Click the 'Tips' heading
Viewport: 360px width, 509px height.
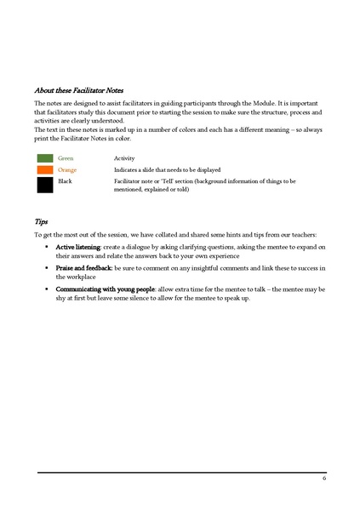pyautogui.click(x=41, y=220)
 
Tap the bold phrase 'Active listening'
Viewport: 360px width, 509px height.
pyautogui.click(x=78, y=246)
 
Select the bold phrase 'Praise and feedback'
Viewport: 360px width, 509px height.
pyautogui.click(x=83, y=267)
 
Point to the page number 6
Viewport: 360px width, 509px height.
pyautogui.click(x=324, y=478)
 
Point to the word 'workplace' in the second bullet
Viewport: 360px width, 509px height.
pyautogui.click(x=72, y=277)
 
